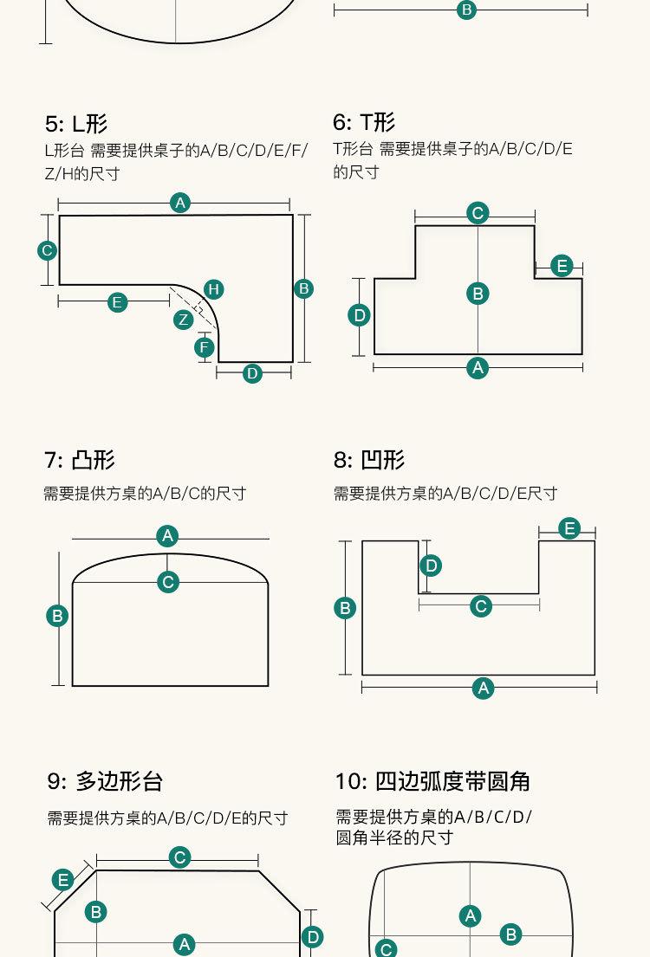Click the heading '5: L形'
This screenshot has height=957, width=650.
76,124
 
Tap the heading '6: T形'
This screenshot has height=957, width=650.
364,122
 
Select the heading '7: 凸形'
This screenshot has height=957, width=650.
80,460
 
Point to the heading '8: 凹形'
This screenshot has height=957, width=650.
369,460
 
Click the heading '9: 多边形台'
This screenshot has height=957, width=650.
105,782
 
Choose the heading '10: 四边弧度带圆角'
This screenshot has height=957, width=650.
432,782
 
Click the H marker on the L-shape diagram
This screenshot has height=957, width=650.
213,289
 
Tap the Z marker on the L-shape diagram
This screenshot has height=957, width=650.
183,320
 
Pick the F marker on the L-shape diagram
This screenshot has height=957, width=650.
205,348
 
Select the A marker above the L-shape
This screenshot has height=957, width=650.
180,203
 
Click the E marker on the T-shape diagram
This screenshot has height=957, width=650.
562,266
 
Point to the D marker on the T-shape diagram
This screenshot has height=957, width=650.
361,315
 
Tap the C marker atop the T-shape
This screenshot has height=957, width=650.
478,213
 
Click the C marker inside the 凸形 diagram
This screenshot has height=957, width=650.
168,582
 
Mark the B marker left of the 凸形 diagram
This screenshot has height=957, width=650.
57,616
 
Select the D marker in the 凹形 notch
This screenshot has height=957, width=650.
431,566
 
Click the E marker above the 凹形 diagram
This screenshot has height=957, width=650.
569,528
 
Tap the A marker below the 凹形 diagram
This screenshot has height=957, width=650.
483,689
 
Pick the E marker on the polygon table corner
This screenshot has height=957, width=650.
63,881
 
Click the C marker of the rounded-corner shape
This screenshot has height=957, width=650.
387,948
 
